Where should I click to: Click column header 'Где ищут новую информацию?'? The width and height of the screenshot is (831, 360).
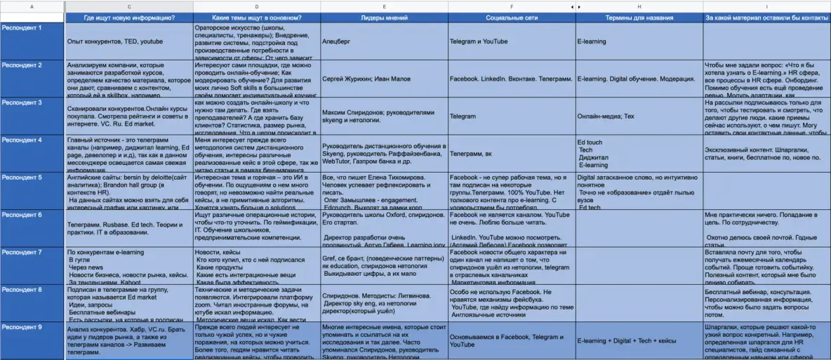[128, 16]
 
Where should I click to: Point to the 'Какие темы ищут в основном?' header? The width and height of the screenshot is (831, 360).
[256, 16]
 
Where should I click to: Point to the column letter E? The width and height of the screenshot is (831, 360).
[384, 6]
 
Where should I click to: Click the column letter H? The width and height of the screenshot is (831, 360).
[639, 6]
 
